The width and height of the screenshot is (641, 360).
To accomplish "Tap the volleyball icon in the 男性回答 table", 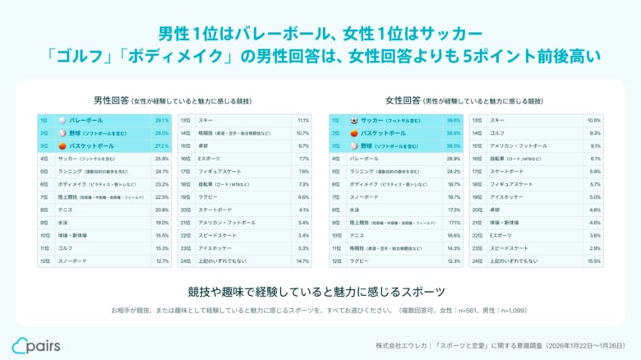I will pos(60,120).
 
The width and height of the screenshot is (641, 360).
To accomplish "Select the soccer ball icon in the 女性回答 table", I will pos(354,120).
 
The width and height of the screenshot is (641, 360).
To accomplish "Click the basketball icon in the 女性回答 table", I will pos(354,132).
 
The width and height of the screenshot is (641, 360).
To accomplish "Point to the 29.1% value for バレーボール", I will pos(161,120).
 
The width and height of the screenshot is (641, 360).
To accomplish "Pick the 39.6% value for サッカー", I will pos(453,120).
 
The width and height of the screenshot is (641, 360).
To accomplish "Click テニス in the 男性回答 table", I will pos(65,210).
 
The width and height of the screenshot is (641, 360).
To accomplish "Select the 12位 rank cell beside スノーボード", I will pos(44,261).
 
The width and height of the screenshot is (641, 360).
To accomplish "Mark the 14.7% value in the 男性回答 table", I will pos(302,261).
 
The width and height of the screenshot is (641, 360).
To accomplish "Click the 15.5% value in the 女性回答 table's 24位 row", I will pos(595,261).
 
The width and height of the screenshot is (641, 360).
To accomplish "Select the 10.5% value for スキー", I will pos(595,120).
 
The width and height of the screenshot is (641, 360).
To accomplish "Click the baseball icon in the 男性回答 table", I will pos(60,132).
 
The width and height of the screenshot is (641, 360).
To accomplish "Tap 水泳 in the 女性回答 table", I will pos(354,210).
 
